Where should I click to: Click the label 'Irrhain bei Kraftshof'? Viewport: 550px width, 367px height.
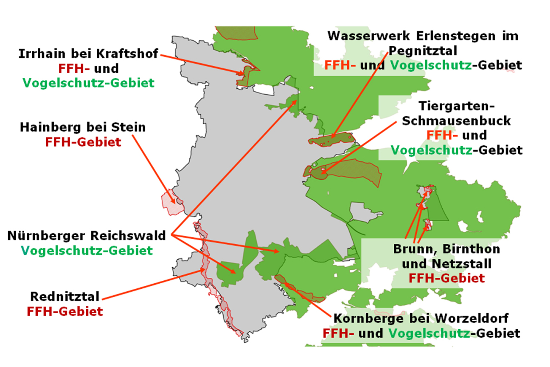tap(88, 54)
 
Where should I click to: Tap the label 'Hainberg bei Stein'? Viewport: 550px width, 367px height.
tap(83, 127)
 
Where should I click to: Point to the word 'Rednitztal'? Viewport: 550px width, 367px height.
tap(65, 296)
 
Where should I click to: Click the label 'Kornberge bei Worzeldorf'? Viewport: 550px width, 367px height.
tap(421, 318)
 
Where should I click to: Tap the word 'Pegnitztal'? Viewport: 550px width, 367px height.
tap(422, 51)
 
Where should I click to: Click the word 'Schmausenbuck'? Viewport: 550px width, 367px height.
tap(456, 121)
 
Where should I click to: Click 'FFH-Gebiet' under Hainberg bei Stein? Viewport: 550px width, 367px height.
tap(83, 142)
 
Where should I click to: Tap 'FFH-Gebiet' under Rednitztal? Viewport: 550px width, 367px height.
tap(65, 311)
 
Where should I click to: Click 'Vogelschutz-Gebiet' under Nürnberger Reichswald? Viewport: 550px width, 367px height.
tap(87, 251)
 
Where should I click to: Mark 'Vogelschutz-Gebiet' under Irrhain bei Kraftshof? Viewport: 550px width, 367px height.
tap(88, 83)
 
